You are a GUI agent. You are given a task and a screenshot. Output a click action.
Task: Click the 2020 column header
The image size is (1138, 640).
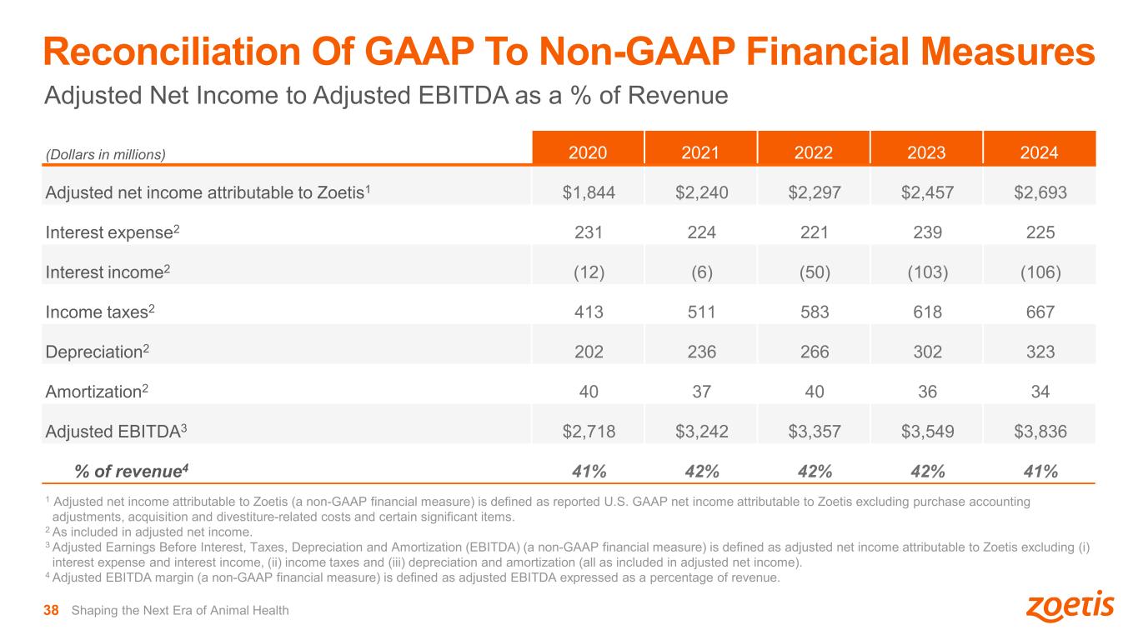tap(588, 152)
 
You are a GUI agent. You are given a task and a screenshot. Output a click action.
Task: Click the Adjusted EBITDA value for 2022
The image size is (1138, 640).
tap(813, 431)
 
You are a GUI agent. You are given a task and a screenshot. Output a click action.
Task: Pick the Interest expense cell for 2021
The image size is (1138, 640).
tap(701, 233)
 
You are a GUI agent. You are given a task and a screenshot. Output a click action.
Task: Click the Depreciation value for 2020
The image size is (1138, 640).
tap(588, 352)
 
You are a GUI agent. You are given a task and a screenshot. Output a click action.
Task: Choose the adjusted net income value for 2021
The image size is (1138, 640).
tap(701, 193)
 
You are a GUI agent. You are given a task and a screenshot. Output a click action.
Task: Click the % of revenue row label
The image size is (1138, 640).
tap(132, 471)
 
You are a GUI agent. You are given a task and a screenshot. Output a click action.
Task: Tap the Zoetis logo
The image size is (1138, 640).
tap(1069, 607)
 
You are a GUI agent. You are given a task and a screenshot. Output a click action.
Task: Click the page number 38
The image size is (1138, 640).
tap(51, 611)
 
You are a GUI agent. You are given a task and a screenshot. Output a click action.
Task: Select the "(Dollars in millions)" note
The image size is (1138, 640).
tap(106, 154)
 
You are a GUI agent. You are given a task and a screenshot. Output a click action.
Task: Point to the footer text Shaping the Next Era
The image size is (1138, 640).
tap(180, 611)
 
